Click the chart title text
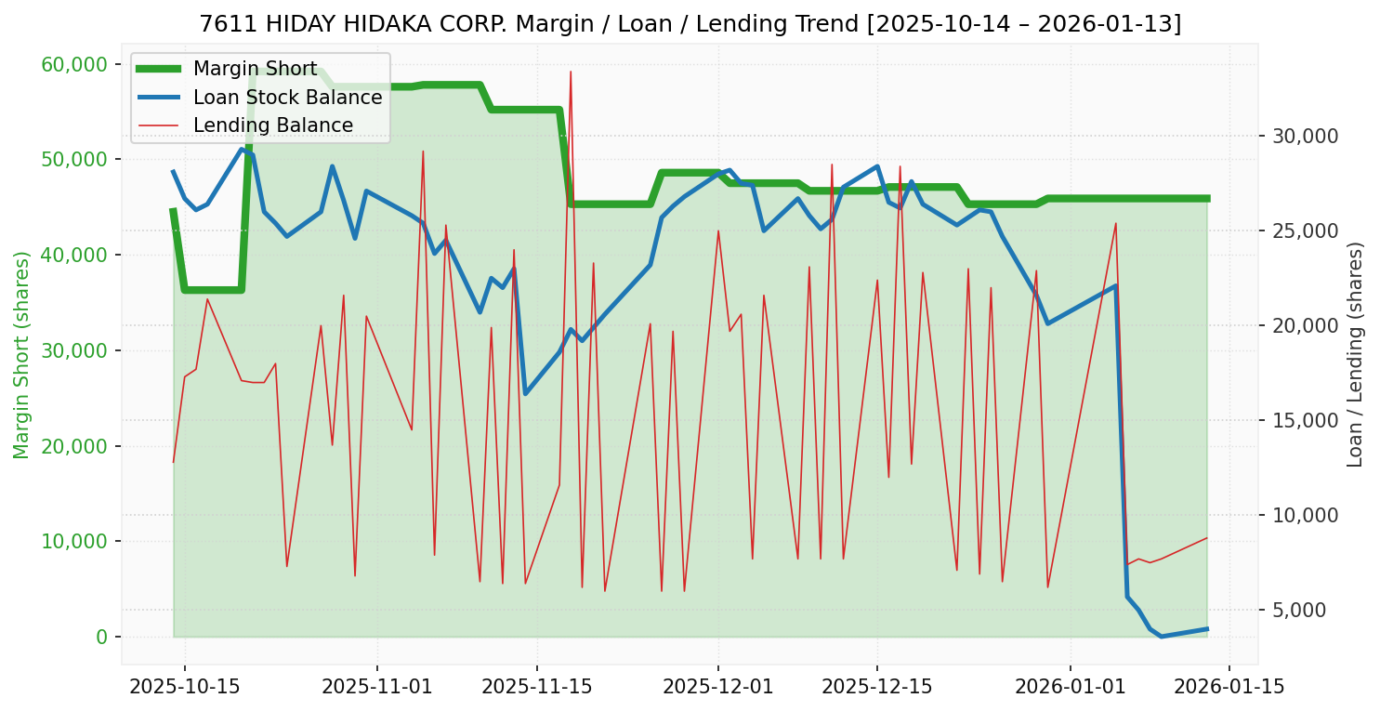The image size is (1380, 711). pos(690,23)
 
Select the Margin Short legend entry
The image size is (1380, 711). pos(255,69)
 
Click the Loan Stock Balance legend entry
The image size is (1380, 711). pos(287,98)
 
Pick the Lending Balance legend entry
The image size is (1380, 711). pos(272,125)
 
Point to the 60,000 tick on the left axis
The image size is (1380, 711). pos(81,64)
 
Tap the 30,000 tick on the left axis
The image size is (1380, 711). pos(81,350)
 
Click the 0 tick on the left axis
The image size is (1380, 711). pos(101,637)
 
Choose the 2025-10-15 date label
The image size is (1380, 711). pos(184,687)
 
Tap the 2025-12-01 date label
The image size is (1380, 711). pos(718,687)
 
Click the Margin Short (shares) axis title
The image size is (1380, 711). pos(21,355)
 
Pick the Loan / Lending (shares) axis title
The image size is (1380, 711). pos(1355,354)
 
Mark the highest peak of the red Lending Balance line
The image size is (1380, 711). pos(571,72)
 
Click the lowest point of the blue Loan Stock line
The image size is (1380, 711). pos(1161,636)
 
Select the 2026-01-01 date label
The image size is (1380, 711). pos(1070,687)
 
